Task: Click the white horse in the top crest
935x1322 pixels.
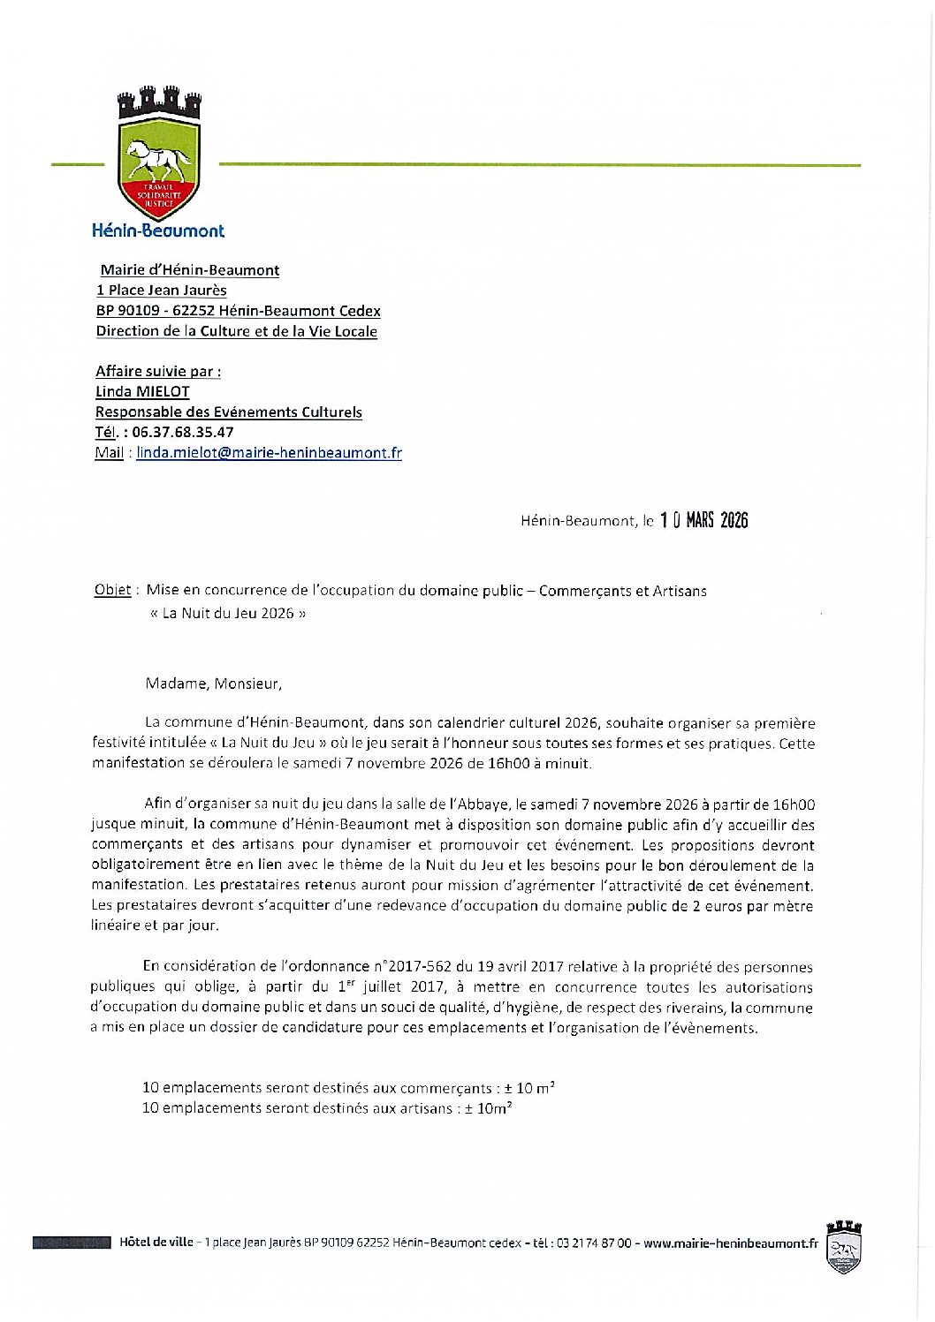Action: [x=159, y=161]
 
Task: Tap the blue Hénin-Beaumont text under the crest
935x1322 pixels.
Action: [x=158, y=230]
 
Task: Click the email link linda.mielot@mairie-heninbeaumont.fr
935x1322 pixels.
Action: [x=269, y=453]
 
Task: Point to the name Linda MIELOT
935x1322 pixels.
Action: [x=142, y=391]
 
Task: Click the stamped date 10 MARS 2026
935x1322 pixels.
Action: [x=703, y=520]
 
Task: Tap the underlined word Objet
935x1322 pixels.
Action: [x=112, y=591]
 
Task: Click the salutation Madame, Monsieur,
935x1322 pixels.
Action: [x=214, y=684]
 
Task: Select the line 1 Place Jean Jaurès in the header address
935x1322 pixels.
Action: [x=162, y=291]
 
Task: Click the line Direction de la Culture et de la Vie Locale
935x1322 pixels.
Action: [x=237, y=332]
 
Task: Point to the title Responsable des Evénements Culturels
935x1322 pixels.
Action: [x=229, y=412]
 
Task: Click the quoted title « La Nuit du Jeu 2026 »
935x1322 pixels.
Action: [x=228, y=613]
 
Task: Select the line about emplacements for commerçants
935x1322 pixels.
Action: [x=348, y=1088]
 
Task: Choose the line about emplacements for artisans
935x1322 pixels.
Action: [x=327, y=1108]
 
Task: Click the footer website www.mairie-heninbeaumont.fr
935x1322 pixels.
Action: [x=730, y=1243]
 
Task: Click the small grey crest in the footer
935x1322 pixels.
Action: [x=843, y=1247]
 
